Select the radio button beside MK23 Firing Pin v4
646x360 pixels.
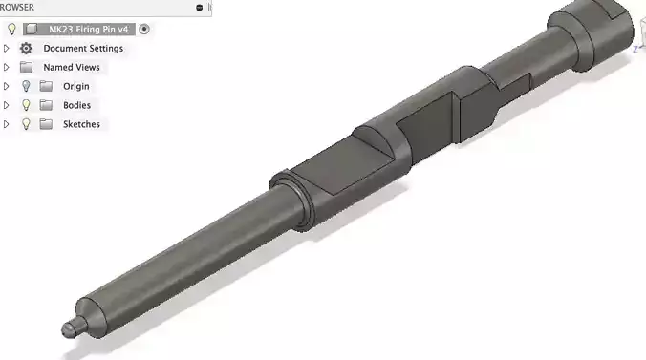tap(144, 29)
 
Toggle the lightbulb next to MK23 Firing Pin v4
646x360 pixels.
tap(11, 29)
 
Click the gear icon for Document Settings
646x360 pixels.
tap(26, 48)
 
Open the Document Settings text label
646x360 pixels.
tap(83, 48)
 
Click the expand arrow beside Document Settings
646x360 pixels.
tap(8, 48)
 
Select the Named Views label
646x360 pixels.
tap(71, 67)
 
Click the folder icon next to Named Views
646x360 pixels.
tap(26, 67)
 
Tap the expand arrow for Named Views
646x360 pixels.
tap(8, 67)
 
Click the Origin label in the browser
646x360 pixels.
tap(75, 86)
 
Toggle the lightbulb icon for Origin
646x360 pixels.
tap(26, 86)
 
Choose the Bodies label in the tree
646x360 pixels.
tap(76, 105)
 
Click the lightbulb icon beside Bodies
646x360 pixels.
tap(26, 105)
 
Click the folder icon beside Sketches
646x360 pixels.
tap(45, 124)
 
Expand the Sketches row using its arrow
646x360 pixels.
tap(8, 124)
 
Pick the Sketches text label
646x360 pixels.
tap(81, 124)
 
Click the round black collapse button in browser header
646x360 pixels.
tap(199, 7)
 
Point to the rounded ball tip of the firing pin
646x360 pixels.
tap(69, 328)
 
